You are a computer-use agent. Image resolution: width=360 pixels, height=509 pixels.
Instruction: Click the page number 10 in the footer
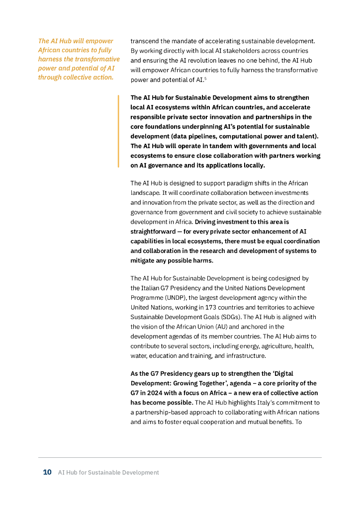(47, 473)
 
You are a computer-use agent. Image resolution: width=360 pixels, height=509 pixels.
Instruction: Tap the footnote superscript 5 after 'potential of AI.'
(205, 78)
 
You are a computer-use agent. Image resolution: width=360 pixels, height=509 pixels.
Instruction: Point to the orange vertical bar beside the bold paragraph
(118, 131)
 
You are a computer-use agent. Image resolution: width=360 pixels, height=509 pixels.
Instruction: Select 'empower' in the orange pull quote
(99, 41)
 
